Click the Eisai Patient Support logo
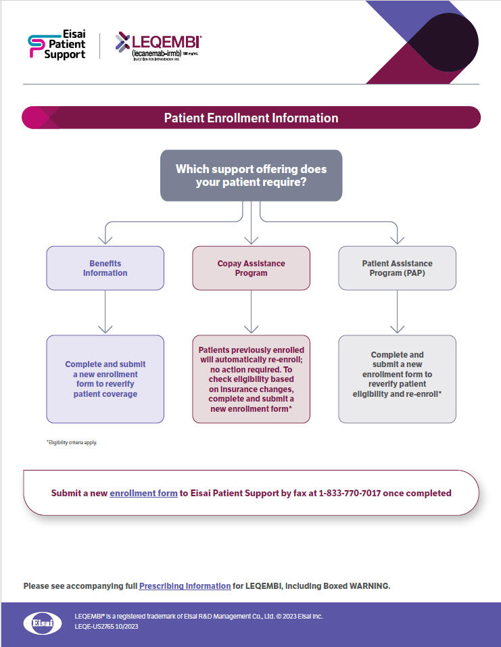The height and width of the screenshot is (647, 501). pyautogui.click(x=57, y=45)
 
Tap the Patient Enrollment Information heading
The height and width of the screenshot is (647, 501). pyautogui.click(x=251, y=118)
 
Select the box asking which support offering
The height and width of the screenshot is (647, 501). pyautogui.click(x=251, y=176)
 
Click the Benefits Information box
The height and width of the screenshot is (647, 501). pyautogui.click(x=105, y=268)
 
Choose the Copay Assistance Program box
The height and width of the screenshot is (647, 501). pyautogui.click(x=251, y=268)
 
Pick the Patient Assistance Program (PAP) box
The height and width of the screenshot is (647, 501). pyautogui.click(x=397, y=268)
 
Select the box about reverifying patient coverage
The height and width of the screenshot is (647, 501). pyautogui.click(x=105, y=379)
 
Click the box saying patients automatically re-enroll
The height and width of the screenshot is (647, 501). pyautogui.click(x=251, y=379)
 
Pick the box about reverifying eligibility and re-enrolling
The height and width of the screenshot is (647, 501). pyautogui.click(x=397, y=379)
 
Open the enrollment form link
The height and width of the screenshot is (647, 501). pyautogui.click(x=143, y=493)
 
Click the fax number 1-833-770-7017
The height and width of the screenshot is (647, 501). pyautogui.click(x=352, y=493)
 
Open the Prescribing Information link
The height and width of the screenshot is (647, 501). pyautogui.click(x=185, y=586)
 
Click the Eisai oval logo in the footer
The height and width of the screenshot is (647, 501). pyautogui.click(x=43, y=623)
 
